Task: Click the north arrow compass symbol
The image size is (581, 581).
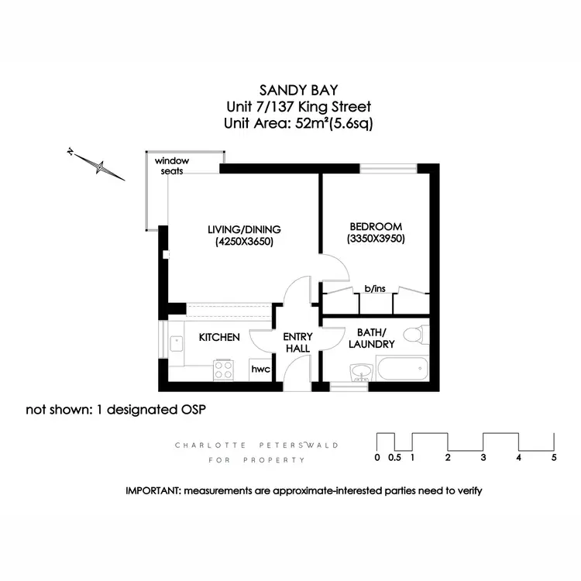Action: [x=97, y=164]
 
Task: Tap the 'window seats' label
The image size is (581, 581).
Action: [x=172, y=166]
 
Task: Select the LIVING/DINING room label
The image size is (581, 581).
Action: [x=243, y=229]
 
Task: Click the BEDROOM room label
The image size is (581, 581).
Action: [x=376, y=226]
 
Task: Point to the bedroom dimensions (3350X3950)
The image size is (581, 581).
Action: [x=376, y=239]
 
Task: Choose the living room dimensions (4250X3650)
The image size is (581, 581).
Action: [x=244, y=242]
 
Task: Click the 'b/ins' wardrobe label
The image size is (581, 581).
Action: [x=375, y=289]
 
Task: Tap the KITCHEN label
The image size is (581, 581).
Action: [x=219, y=338]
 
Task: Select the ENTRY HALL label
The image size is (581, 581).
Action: [x=297, y=342]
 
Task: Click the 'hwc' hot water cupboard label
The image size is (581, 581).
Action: [x=260, y=370]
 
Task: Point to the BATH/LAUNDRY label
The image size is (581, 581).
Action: [x=371, y=339]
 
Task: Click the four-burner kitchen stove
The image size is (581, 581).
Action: [x=224, y=370]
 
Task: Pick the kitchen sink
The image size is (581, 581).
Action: [x=174, y=346]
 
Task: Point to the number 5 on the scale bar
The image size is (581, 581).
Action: [x=553, y=458]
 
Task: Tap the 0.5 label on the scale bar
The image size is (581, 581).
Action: [x=395, y=458]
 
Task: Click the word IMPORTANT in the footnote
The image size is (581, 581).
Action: [x=153, y=491]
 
